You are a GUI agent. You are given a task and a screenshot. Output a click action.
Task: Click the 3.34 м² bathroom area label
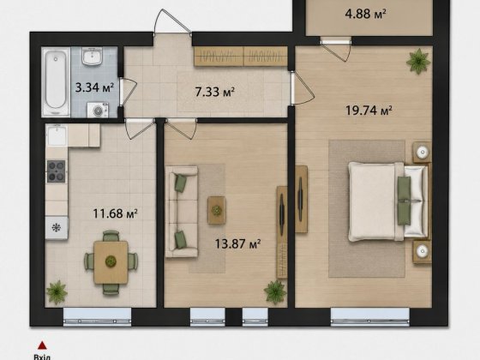(x=94, y=87)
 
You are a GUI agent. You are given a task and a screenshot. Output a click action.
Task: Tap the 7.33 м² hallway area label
(x=215, y=91)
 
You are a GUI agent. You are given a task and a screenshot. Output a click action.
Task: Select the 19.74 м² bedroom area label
(x=369, y=110)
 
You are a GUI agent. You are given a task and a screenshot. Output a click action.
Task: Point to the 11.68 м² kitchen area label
(x=115, y=213)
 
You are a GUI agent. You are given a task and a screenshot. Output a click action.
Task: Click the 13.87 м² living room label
(x=237, y=244)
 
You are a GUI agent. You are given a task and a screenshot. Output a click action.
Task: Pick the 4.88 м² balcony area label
(x=365, y=14)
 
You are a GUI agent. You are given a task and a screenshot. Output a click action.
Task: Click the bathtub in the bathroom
(x=56, y=81)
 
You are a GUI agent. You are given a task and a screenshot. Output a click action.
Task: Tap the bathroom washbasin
(x=92, y=57)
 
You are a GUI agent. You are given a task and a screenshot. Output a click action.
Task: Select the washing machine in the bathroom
(x=98, y=110)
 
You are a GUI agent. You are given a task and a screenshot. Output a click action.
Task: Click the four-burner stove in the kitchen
(x=56, y=171)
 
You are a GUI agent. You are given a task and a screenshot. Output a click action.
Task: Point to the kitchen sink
(x=57, y=135)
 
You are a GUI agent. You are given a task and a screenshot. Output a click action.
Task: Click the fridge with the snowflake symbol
(x=57, y=228)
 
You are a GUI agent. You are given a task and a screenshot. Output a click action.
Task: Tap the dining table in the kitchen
(x=111, y=262)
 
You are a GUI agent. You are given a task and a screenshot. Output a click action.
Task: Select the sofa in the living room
(x=182, y=212)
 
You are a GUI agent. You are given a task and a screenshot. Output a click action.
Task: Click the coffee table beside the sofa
(x=217, y=210)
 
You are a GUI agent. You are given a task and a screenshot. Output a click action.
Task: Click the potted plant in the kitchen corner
(x=57, y=292)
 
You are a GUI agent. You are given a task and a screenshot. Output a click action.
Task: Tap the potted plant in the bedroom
(x=418, y=61)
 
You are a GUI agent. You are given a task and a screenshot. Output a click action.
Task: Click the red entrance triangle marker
(x=42, y=345)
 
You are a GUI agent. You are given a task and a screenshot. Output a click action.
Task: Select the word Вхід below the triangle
(x=42, y=357)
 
